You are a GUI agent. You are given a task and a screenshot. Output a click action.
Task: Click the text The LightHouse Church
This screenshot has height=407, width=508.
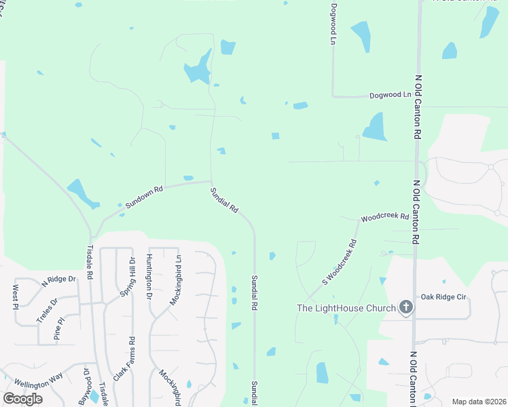point(346,309)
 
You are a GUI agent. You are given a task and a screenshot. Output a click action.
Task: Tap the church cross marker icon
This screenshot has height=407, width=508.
point(405,308)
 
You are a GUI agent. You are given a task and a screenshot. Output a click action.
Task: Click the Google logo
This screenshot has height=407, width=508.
point(22,399)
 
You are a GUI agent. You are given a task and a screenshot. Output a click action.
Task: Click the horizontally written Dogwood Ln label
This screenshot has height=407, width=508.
point(391,96)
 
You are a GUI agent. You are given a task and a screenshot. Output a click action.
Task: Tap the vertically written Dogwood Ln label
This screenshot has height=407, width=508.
point(333,24)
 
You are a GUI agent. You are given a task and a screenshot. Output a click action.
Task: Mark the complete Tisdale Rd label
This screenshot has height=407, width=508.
point(89,262)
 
